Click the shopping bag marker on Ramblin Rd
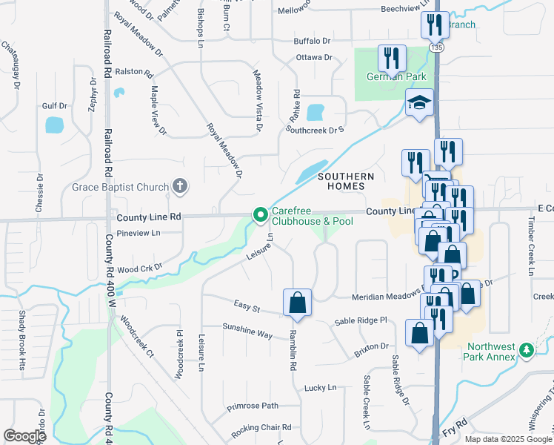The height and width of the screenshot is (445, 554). (x=297, y=302)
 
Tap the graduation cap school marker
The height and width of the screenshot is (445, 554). (x=419, y=103)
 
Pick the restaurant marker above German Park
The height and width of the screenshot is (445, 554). (x=391, y=58)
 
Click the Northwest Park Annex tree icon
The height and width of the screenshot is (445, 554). (x=527, y=349)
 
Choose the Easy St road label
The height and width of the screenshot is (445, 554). (x=247, y=306)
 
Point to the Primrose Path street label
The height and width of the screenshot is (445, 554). (x=253, y=406)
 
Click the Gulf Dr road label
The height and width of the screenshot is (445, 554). (x=55, y=106)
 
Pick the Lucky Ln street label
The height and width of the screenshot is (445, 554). (x=320, y=388)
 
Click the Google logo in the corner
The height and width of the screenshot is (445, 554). (x=24, y=436)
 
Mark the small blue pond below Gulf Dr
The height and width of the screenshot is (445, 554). (x=55, y=125)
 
